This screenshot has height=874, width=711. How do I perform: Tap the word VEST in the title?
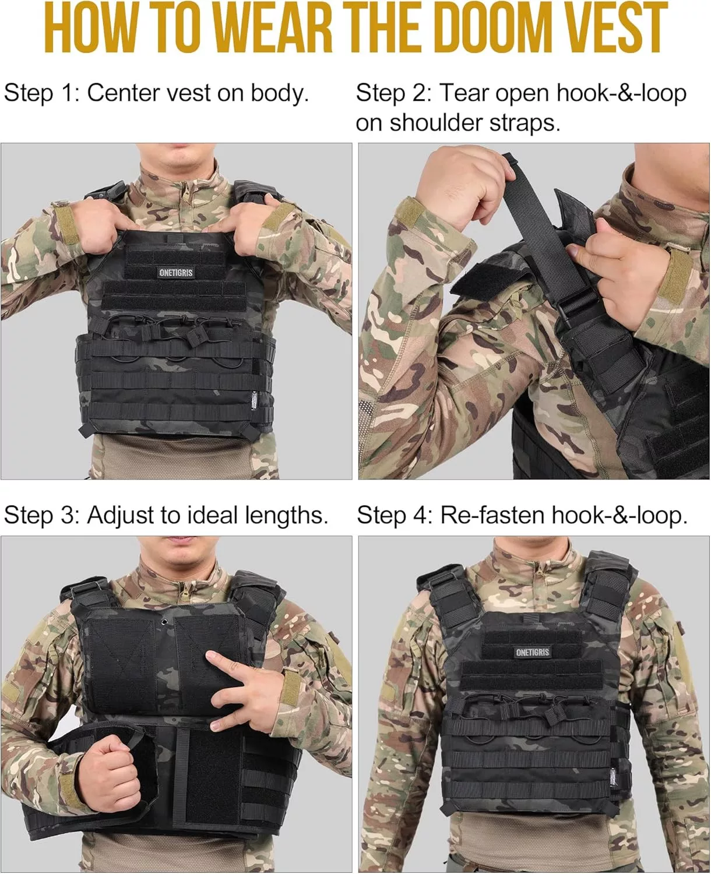(616, 27)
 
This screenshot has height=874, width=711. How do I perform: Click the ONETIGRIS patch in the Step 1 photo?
(176, 273)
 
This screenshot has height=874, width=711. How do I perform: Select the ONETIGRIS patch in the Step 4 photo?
(533, 652)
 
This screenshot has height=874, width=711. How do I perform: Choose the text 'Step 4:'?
(395, 515)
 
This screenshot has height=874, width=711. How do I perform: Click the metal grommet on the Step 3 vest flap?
(164, 622)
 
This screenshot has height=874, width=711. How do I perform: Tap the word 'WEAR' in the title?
(273, 27)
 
